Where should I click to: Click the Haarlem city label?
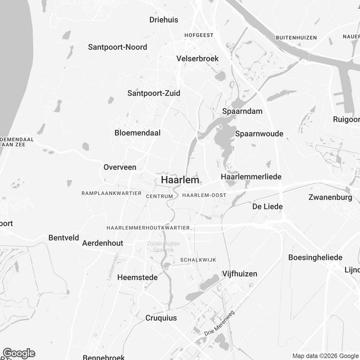pyautogui.click(x=180, y=180)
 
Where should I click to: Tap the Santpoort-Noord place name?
pyautogui.click(x=118, y=47)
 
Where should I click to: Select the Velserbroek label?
pyautogui.click(x=197, y=59)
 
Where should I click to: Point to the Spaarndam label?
pyautogui.click(x=242, y=111)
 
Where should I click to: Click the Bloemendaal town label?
pyautogui.click(x=137, y=133)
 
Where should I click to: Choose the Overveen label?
pyautogui.click(x=120, y=167)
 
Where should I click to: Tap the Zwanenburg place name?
pyautogui.click(x=330, y=197)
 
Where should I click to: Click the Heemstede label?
pyautogui.click(x=137, y=278)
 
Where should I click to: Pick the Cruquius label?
pyautogui.click(x=161, y=318)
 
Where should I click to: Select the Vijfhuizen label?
pyautogui.click(x=240, y=274)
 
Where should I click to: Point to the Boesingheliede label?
pyautogui.click(x=315, y=257)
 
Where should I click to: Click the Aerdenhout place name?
pyautogui.click(x=102, y=243)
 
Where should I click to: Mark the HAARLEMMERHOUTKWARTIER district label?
pyautogui.click(x=148, y=228)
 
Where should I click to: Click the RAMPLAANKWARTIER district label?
pyautogui.click(x=112, y=193)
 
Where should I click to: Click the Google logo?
pyautogui.click(x=19, y=353)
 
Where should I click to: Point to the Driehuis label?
pyautogui.click(x=164, y=20)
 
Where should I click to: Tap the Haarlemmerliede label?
pyautogui.click(x=251, y=177)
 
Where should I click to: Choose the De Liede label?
pyautogui.click(x=267, y=206)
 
